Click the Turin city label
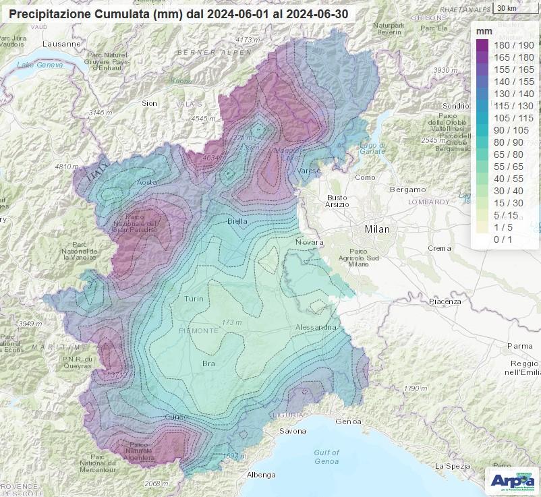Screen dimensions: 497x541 [x=194, y=299]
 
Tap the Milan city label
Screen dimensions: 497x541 [x=377, y=229]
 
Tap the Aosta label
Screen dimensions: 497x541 [x=147, y=183]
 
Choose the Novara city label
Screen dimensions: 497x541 [x=310, y=242]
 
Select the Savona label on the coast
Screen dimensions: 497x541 [x=293, y=431]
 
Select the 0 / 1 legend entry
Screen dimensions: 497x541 [x=503, y=239]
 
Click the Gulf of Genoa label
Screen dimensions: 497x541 [x=326, y=457]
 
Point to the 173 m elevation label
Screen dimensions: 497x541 [x=231, y=323]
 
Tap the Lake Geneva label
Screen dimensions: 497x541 [x=40, y=65]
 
